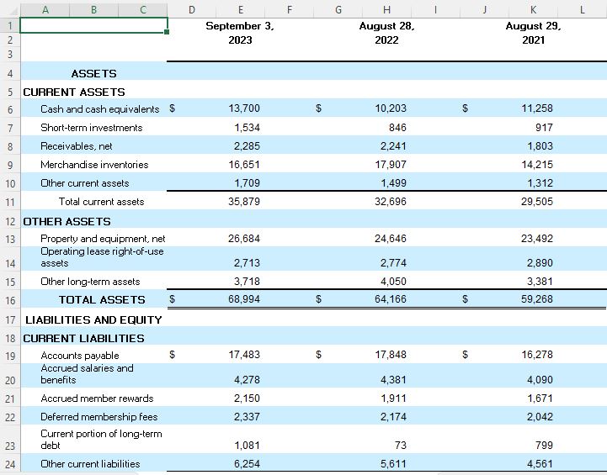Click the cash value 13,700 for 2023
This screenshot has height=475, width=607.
click(244, 108)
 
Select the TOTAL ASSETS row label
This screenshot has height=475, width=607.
click(102, 300)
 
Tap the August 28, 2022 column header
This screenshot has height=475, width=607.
click(386, 33)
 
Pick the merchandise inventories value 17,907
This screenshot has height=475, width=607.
click(391, 165)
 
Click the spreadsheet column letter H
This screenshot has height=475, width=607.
click(386, 9)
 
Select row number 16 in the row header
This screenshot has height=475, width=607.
click(9, 300)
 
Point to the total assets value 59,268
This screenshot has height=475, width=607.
click(536, 300)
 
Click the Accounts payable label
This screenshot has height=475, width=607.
click(80, 356)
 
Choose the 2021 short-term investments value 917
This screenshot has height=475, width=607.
click(544, 128)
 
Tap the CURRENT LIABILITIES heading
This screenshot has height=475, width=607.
click(83, 338)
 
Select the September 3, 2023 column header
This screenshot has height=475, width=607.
click(240, 33)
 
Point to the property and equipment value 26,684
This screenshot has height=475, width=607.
click(244, 239)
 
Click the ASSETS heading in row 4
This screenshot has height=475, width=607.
click(93, 74)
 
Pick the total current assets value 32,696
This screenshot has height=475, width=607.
click(391, 202)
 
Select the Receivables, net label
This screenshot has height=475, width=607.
click(77, 146)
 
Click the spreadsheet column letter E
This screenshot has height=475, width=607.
click(241, 9)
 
